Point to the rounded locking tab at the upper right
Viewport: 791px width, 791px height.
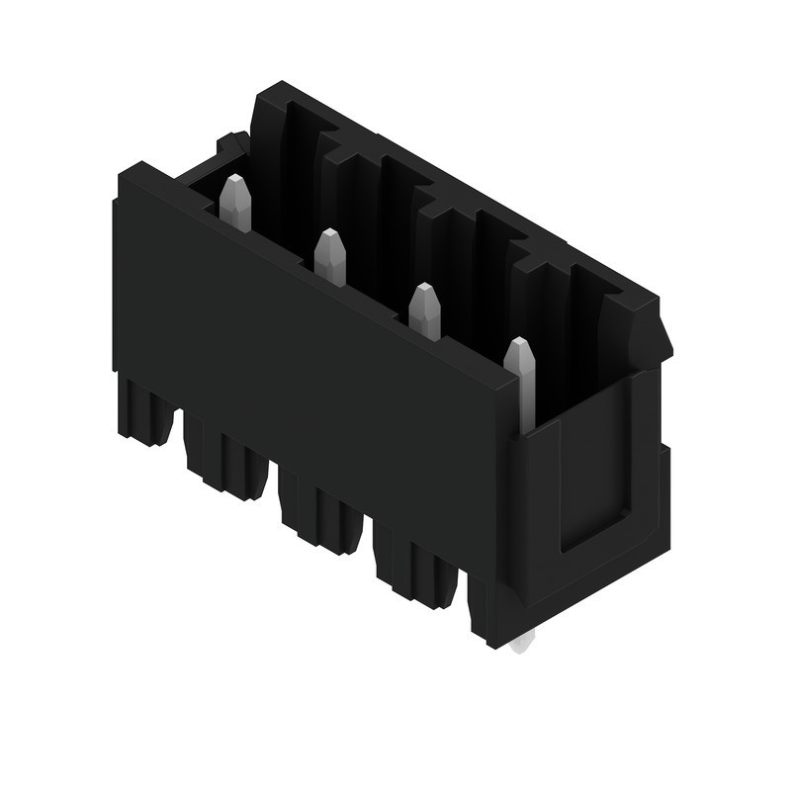point(648,331)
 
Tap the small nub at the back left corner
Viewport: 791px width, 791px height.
point(231,144)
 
